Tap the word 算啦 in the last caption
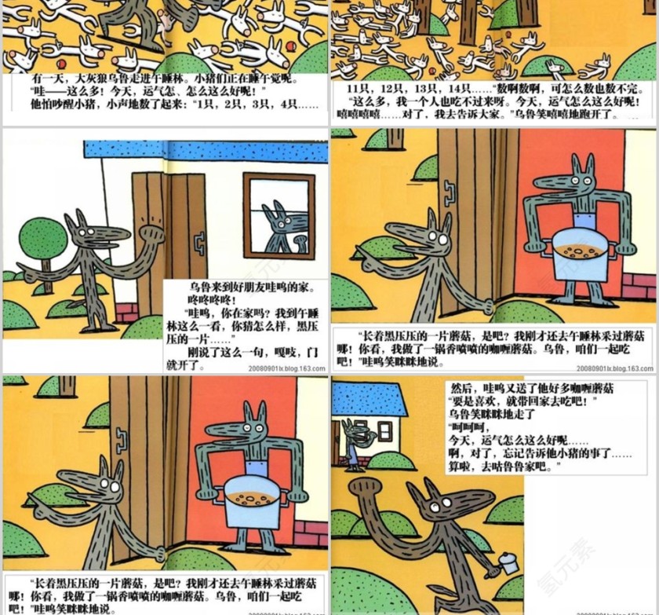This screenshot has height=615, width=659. (460, 466)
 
